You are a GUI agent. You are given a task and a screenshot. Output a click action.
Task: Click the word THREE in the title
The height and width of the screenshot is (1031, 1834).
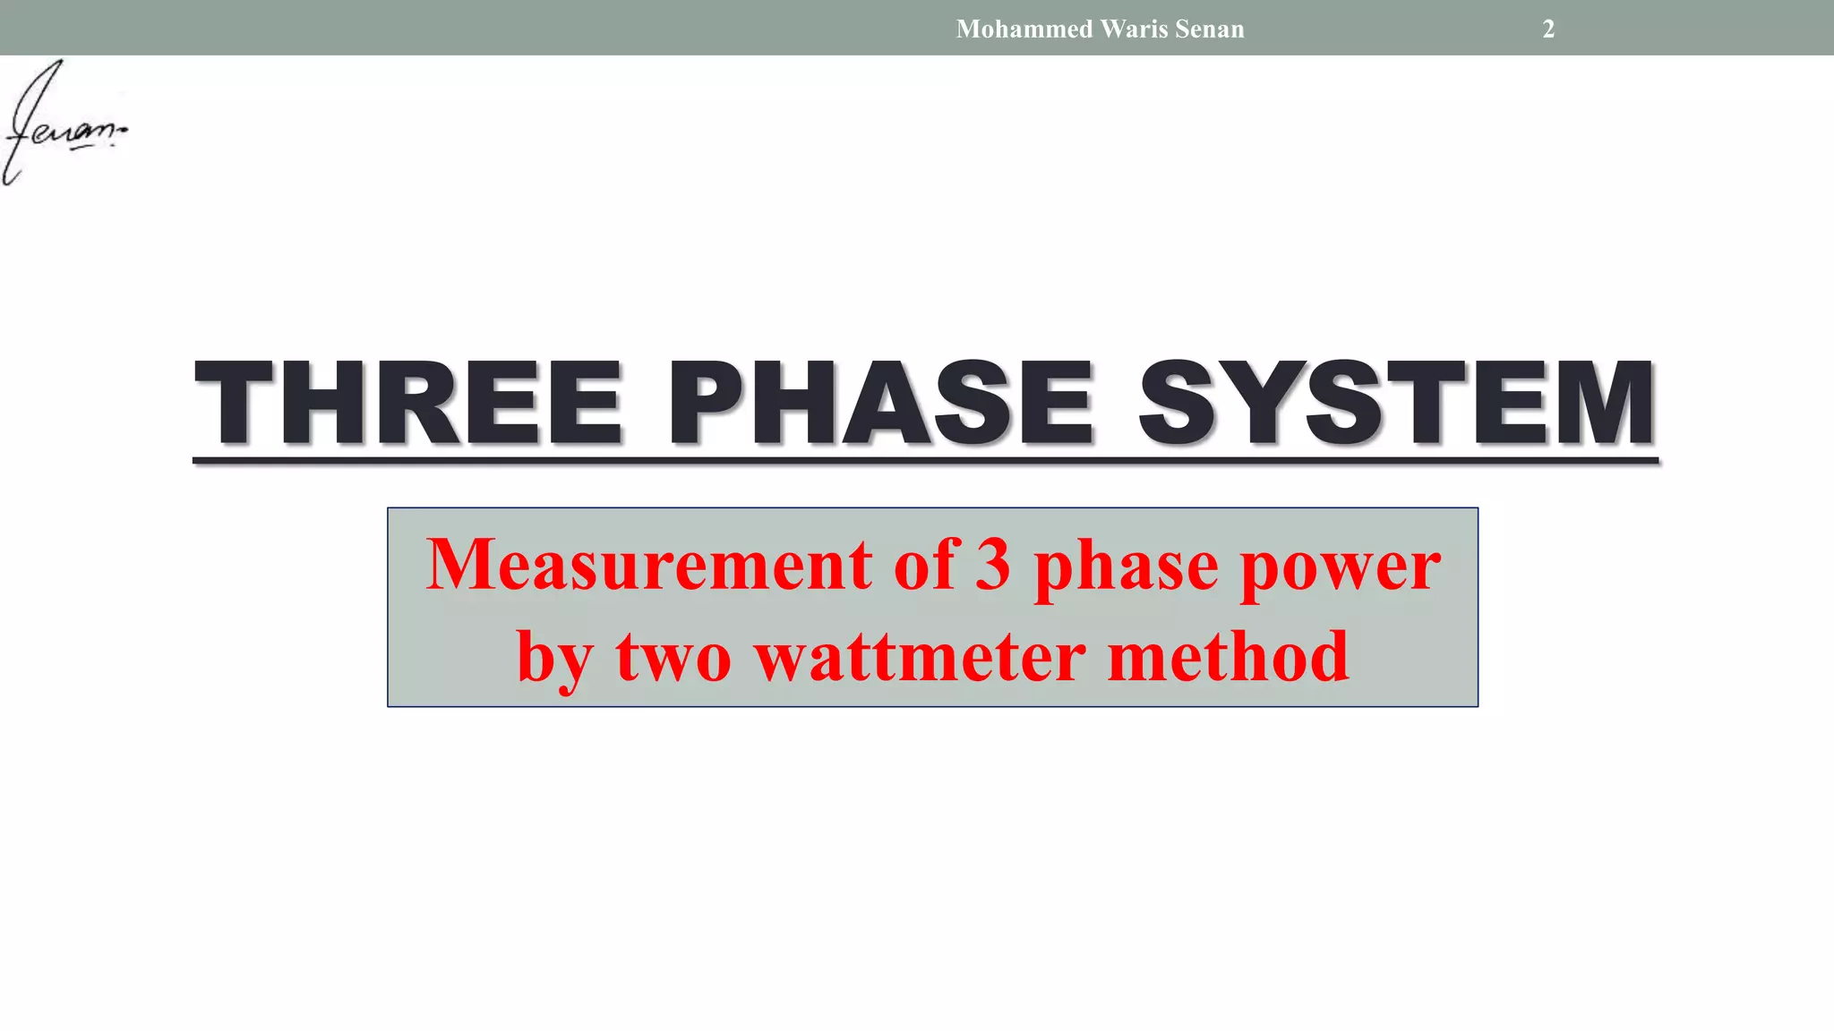[408, 402]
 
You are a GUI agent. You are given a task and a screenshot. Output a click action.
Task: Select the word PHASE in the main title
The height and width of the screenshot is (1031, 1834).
[881, 402]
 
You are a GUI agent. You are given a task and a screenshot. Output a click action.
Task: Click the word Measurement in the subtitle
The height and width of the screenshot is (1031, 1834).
[648, 565]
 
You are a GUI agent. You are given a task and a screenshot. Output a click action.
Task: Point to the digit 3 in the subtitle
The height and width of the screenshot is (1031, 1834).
[992, 565]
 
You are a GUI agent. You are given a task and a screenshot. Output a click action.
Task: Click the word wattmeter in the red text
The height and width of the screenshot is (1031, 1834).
[920, 657]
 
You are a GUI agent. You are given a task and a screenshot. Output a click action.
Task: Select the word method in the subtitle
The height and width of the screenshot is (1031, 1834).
[1228, 657]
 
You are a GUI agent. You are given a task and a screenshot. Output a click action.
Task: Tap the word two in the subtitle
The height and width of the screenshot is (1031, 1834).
[673, 659]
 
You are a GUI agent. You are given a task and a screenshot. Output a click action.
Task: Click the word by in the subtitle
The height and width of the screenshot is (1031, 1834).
[554, 660]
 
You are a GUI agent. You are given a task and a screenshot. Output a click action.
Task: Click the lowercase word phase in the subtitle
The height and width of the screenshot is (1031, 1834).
[1126, 568]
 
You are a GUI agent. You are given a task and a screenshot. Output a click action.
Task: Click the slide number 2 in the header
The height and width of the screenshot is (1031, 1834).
[1548, 29]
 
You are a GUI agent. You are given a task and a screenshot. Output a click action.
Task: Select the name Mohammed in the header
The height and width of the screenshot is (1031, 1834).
[1024, 29]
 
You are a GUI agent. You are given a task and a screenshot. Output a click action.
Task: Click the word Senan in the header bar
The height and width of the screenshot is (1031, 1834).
[1209, 29]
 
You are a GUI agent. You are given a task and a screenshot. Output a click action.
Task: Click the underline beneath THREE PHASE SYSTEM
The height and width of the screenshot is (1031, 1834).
[925, 461]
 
